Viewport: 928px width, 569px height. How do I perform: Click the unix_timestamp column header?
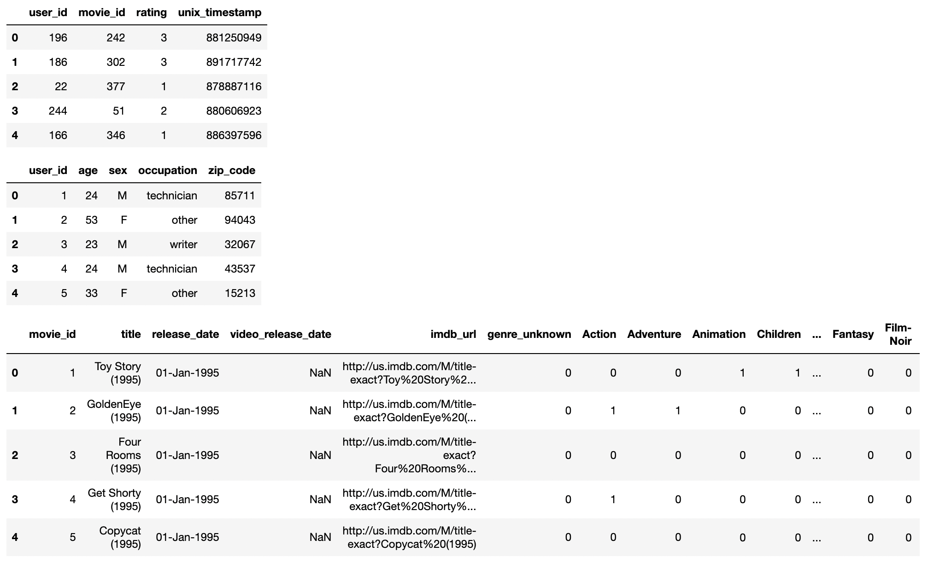click(219, 12)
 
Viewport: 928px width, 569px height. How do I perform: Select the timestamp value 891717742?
click(234, 62)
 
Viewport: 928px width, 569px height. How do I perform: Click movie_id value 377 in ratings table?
click(116, 87)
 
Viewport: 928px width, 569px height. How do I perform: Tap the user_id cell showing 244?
click(58, 111)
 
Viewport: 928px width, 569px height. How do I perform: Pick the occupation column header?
click(167, 170)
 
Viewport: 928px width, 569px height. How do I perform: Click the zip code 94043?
click(240, 220)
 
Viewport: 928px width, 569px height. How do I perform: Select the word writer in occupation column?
click(183, 244)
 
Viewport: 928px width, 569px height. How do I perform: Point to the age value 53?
click(91, 220)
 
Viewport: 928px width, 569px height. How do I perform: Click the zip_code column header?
click(231, 170)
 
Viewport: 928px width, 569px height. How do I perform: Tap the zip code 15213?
click(240, 293)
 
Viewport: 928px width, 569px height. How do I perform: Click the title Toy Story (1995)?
click(118, 373)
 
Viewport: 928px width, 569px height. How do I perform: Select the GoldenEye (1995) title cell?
click(114, 411)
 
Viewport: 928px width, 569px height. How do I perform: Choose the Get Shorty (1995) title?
click(114, 499)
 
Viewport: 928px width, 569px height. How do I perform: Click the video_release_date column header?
click(280, 334)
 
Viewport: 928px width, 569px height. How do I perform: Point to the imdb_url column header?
click(453, 334)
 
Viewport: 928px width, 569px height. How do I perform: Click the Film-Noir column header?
click(898, 334)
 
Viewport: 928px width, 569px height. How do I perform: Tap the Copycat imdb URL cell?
click(410, 537)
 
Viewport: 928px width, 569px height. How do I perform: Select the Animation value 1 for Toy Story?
click(742, 373)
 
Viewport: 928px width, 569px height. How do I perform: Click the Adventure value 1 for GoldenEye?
click(678, 411)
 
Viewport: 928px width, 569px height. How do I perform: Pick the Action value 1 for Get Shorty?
click(613, 499)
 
